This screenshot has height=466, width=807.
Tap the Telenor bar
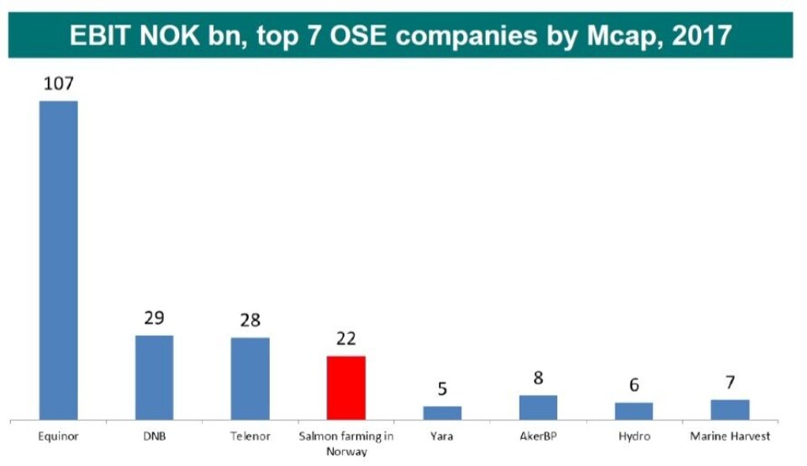coord(250,378)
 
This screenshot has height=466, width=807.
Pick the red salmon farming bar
coord(345,387)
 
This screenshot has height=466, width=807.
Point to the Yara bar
coord(441,412)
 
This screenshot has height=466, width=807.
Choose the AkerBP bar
coord(538,406)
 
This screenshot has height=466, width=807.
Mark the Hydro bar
coord(634,410)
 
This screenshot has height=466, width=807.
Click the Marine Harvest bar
coord(730,409)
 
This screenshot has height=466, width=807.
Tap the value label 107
coord(59,85)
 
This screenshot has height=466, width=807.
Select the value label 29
coord(154,319)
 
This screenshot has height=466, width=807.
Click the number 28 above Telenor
coord(250,320)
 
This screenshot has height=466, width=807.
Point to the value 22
coord(345,339)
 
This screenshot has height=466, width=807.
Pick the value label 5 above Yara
coord(441,389)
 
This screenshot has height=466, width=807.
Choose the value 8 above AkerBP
coord(538,379)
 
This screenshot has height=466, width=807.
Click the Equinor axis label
coord(59,437)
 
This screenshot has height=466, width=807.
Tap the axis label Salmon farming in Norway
coord(345,443)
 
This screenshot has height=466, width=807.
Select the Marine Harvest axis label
coord(730,437)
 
